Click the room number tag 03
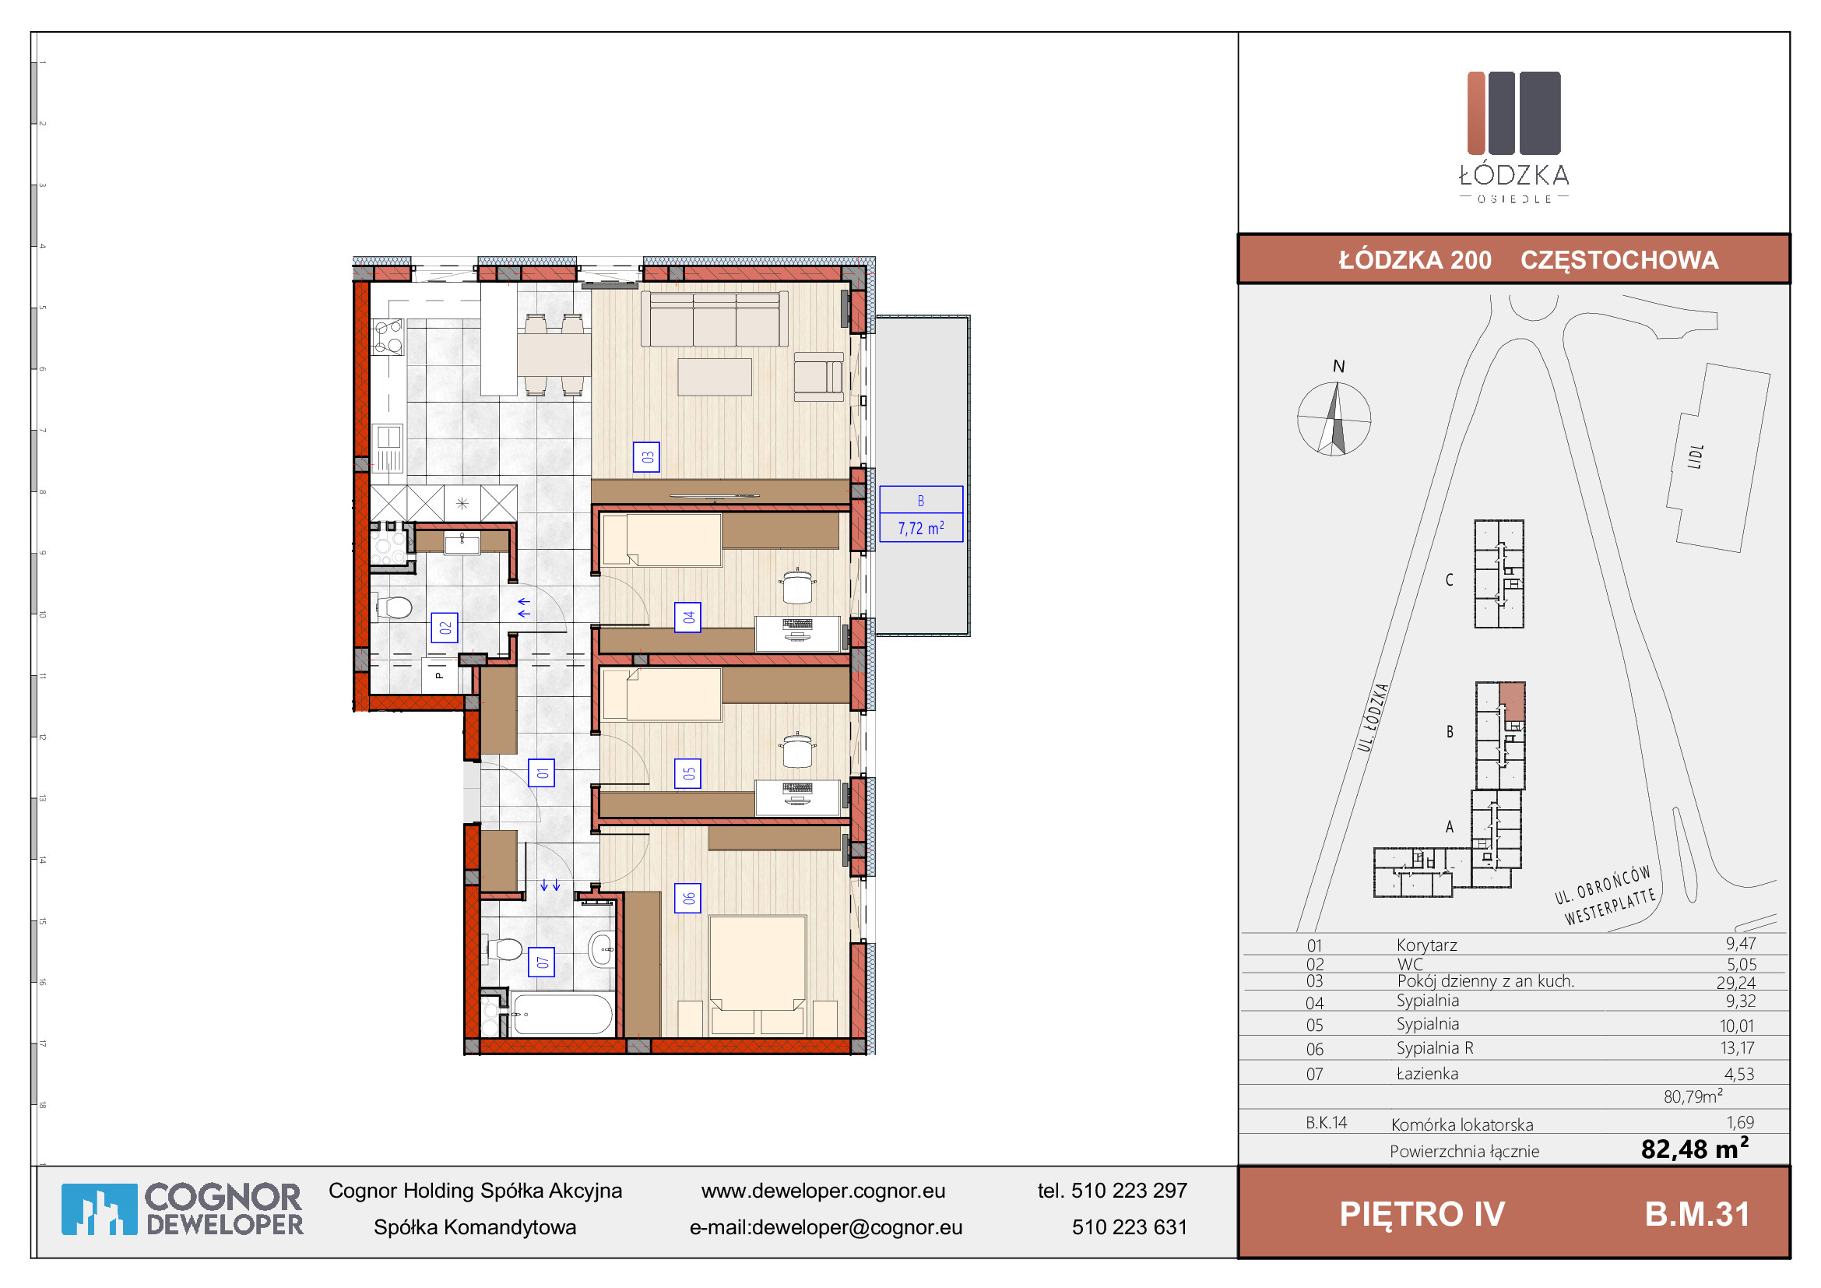646,457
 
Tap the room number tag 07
542,962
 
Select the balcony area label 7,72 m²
921,528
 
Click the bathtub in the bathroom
562,1015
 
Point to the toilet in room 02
393,608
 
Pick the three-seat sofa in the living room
715,318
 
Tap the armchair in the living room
819,378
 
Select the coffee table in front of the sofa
715,378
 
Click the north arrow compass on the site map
1334,419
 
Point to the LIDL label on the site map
1696,456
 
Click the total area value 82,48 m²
1694,1149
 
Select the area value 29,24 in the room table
1736,983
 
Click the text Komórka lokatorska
1462,1124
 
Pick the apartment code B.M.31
1697,1214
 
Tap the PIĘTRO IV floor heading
1422,1214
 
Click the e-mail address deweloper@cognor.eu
856,1228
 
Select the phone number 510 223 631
1130,1228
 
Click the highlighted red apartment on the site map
1512,701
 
